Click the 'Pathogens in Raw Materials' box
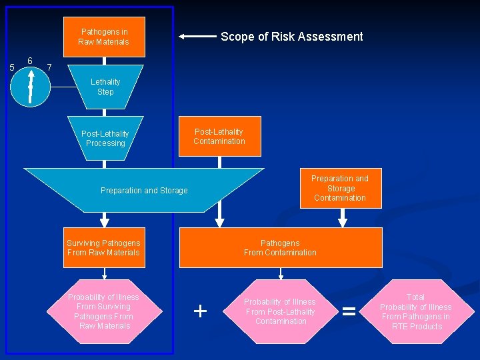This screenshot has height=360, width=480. click(104, 37)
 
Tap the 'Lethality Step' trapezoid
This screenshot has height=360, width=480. click(105, 87)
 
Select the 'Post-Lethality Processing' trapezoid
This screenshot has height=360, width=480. click(105, 138)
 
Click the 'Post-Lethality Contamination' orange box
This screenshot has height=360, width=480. click(219, 137)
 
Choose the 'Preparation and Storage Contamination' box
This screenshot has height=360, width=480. click(340, 188)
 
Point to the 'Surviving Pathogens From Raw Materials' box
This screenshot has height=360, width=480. click(104, 247)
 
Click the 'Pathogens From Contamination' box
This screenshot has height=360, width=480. click(280, 247)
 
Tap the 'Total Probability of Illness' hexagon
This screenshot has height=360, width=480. click(415, 311)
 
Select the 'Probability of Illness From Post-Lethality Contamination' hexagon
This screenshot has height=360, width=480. click(280, 311)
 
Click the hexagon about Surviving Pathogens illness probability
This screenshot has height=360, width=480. click(104, 311)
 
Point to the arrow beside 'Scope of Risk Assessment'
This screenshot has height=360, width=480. click(197, 37)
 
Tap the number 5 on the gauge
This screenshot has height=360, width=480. click(11, 67)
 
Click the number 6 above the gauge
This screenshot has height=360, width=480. click(30, 61)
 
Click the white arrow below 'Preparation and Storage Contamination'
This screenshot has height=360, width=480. click(343, 218)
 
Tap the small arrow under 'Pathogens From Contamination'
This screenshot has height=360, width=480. click(281, 273)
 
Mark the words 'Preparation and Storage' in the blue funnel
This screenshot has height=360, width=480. click(144, 191)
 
